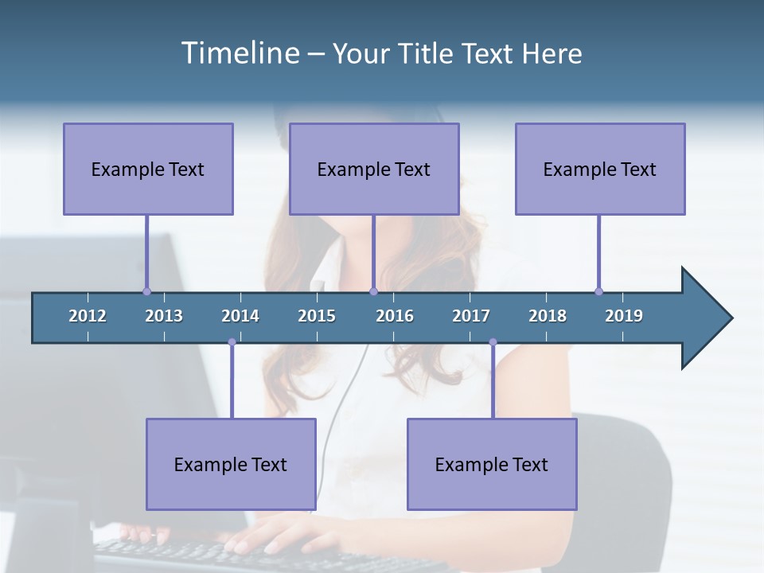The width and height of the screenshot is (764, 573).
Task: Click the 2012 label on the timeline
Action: pyautogui.click(x=88, y=316)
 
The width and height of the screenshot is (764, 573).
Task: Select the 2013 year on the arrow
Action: pyautogui.click(x=164, y=316)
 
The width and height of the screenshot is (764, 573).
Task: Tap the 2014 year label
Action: pyautogui.click(x=240, y=316)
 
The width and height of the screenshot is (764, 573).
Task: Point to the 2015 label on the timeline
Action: pyautogui.click(x=317, y=316)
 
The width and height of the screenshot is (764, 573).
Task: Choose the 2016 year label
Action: pyautogui.click(x=395, y=316)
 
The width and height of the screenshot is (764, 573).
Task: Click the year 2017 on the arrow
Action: pyautogui.click(x=471, y=316)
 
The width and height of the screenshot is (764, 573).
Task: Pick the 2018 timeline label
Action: pyautogui.click(x=548, y=316)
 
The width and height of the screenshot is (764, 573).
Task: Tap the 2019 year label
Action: pyautogui.click(x=624, y=316)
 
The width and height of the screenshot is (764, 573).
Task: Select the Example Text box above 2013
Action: pyautogui.click(x=148, y=169)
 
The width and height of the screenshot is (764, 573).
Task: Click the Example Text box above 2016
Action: pyautogui.click(x=374, y=169)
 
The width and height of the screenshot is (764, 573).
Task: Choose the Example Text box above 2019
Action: pyautogui.click(x=600, y=169)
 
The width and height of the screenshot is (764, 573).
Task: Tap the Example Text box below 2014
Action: pyautogui.click(x=231, y=464)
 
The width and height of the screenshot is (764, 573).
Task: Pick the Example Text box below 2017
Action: pyautogui.click(x=492, y=464)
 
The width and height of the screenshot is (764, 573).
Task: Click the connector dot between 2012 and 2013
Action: pyautogui.click(x=146, y=291)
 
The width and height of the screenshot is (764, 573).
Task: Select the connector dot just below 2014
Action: pyautogui.click(x=232, y=342)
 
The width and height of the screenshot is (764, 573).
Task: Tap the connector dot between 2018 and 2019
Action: pyautogui.click(x=598, y=291)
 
